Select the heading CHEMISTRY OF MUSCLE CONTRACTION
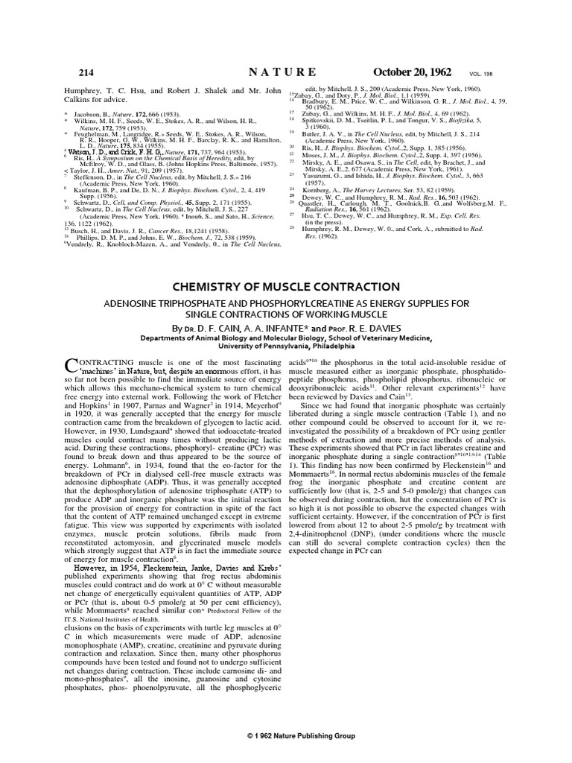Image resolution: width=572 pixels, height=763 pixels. [286, 287]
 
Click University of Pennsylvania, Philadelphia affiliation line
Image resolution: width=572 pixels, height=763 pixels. [286, 346]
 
